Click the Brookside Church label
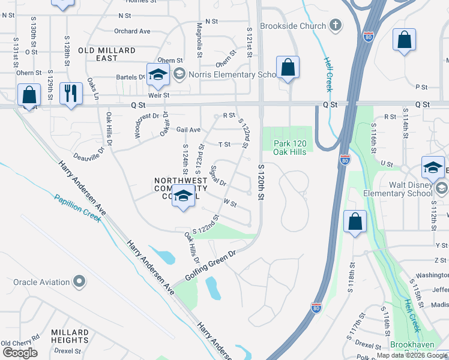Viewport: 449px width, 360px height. tap(293, 26)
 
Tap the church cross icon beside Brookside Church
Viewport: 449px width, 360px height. tap(336, 26)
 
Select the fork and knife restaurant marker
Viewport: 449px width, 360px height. tap(71, 94)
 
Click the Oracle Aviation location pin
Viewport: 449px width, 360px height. tap(79, 281)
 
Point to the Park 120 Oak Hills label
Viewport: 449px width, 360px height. tap(290, 148)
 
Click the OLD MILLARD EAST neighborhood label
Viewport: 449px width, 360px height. tap(106, 54)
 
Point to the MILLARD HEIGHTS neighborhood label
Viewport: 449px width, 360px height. tap(70, 337)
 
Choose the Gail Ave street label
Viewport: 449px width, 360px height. tap(188, 130)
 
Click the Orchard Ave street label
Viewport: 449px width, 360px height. tap(132, 31)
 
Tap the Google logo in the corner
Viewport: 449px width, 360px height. tap(19, 353)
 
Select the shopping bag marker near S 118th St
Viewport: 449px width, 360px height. tap(355, 221)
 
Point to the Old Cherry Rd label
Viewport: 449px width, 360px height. tap(20, 343)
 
